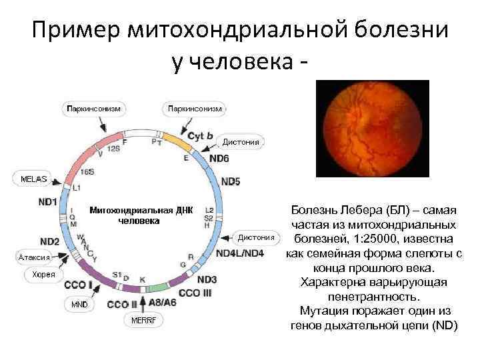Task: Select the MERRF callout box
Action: tap(143, 321)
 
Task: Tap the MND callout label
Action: tap(79, 304)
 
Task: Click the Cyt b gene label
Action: tap(201, 135)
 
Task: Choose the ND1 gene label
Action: tap(47, 201)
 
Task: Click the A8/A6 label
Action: tap(163, 302)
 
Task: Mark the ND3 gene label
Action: tap(207, 279)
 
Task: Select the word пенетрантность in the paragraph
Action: tap(371, 297)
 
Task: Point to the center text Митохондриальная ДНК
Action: tap(140, 210)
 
